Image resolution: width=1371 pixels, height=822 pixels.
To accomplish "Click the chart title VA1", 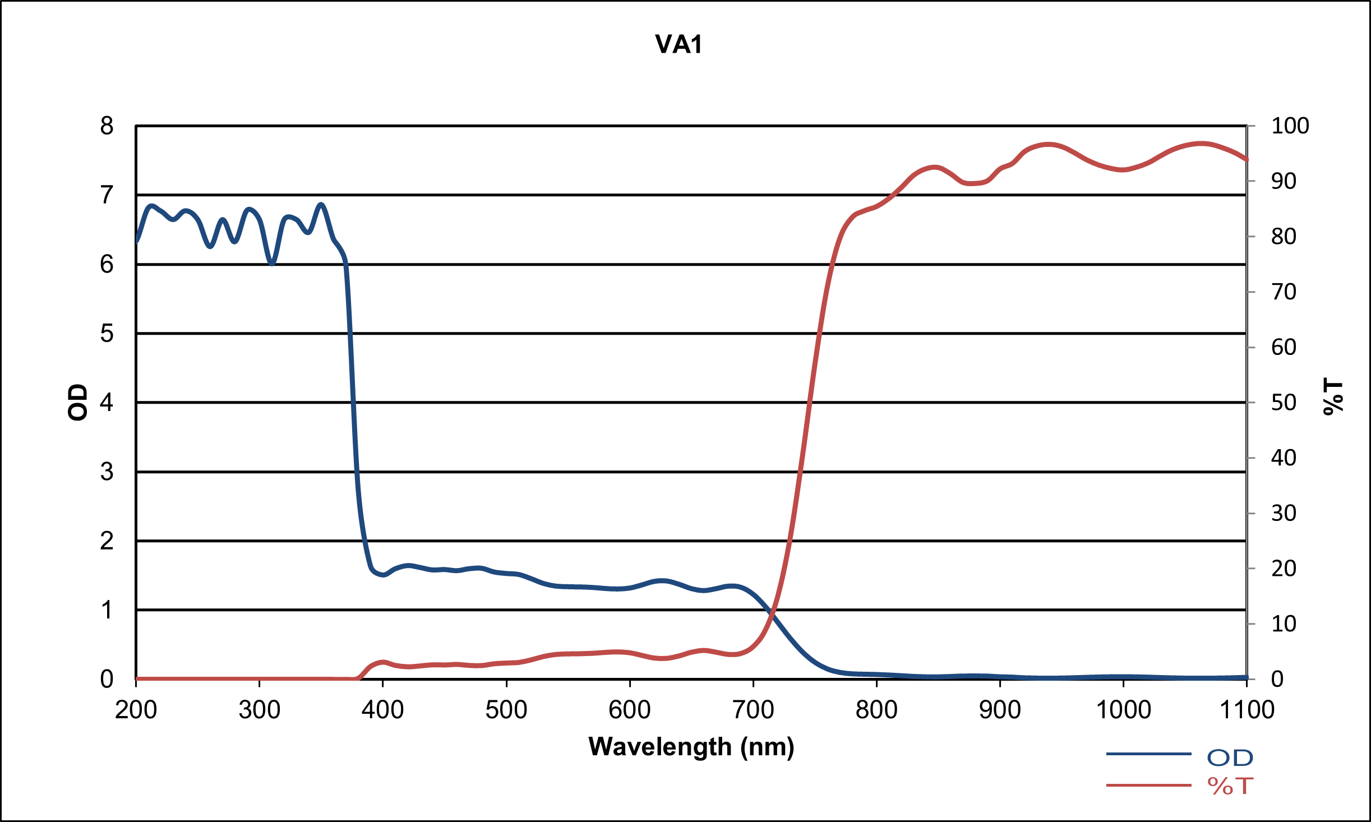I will tap(678, 44).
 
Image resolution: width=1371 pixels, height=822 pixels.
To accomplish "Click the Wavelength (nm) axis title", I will tap(691, 747).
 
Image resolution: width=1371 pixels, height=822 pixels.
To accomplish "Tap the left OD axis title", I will tap(78, 402).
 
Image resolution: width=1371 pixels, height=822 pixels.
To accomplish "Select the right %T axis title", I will tap(1333, 396).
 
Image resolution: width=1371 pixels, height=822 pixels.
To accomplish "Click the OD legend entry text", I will tap(1230, 758).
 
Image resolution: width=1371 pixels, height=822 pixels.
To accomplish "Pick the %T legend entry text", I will tap(1230, 786).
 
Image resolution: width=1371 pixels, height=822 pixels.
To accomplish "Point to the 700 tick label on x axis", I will tap(753, 710).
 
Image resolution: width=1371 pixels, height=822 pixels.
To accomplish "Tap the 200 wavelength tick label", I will tap(136, 710).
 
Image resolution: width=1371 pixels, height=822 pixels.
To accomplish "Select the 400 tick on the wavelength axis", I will tap(382, 710).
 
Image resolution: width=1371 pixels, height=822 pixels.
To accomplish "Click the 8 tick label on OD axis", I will tap(107, 126).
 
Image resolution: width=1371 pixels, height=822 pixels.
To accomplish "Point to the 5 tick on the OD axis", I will tap(107, 334).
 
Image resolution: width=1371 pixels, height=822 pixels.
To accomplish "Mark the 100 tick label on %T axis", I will tap(1290, 126).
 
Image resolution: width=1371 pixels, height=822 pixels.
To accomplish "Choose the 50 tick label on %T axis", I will tap(1284, 403).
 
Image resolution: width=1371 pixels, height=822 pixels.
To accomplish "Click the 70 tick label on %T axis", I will tap(1284, 292).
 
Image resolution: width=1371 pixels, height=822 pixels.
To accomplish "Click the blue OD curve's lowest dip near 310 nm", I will tap(272, 263).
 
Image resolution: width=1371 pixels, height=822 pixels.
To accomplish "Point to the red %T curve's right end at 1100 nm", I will tap(1246, 160).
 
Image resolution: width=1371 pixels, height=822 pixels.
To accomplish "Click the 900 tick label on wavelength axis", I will tap(1000, 710).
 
